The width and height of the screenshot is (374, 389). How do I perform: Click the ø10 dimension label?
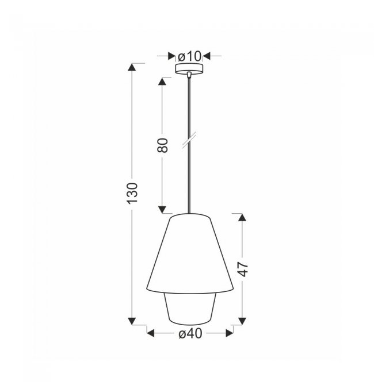(189, 56)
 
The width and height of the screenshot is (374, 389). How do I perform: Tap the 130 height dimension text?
(132, 193)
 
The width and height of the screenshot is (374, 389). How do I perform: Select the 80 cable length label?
(162, 145)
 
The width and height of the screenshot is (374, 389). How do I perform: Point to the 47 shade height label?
(243, 269)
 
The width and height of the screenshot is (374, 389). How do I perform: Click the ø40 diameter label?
(190, 334)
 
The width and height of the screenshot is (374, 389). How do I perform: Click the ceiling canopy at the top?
(189, 69)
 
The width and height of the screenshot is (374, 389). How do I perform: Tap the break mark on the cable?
(189, 140)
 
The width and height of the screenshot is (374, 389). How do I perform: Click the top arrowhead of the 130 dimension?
(132, 67)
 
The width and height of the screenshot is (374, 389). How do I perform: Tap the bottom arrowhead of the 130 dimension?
(132, 321)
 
